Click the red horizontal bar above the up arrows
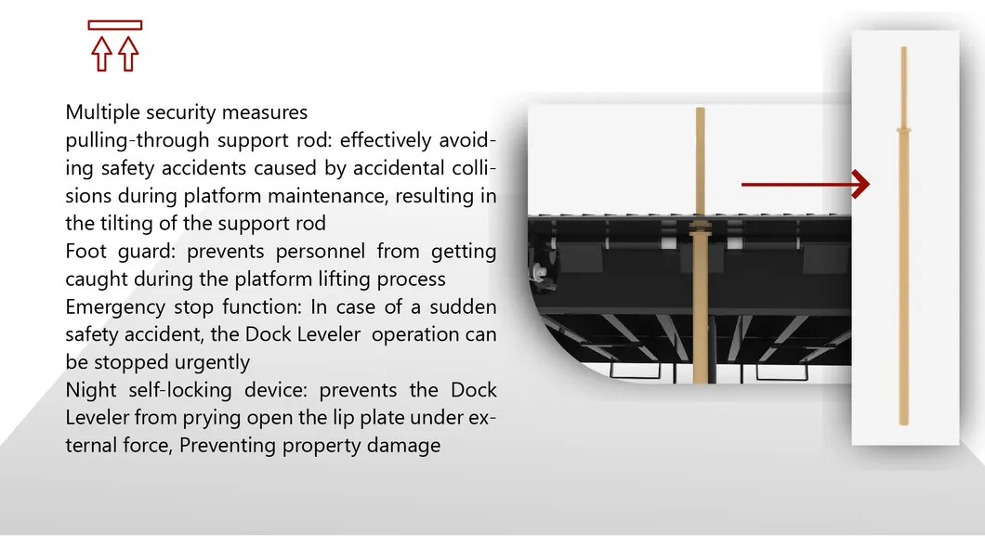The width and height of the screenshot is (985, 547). (x=114, y=25)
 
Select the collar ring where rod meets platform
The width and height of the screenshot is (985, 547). (x=701, y=228)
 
